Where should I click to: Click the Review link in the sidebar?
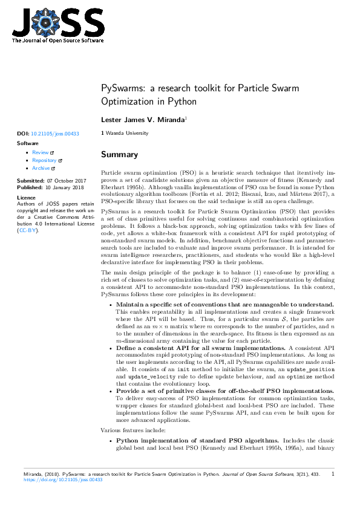click(x=41, y=153)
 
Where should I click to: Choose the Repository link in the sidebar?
click(x=44, y=161)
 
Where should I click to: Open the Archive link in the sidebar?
click(x=41, y=169)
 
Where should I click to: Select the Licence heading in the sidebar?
click(x=26, y=198)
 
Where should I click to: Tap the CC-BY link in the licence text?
click(x=26, y=230)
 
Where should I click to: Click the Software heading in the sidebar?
click(x=28, y=143)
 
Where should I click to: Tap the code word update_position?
click(x=309, y=369)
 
